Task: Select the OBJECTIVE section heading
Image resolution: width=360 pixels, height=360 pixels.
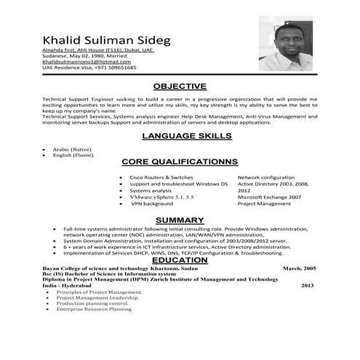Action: [180, 86]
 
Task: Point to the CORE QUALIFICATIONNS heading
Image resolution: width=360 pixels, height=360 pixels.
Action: [180, 161]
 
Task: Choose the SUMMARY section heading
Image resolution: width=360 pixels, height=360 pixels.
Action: [180, 220]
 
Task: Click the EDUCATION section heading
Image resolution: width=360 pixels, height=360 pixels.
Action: [180, 260]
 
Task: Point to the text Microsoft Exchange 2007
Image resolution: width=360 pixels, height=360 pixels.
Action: [268, 198]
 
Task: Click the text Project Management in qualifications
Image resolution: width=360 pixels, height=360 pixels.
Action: [264, 204]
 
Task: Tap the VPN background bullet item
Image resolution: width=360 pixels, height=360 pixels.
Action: [152, 204]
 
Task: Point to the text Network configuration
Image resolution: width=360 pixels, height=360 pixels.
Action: [266, 177]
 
